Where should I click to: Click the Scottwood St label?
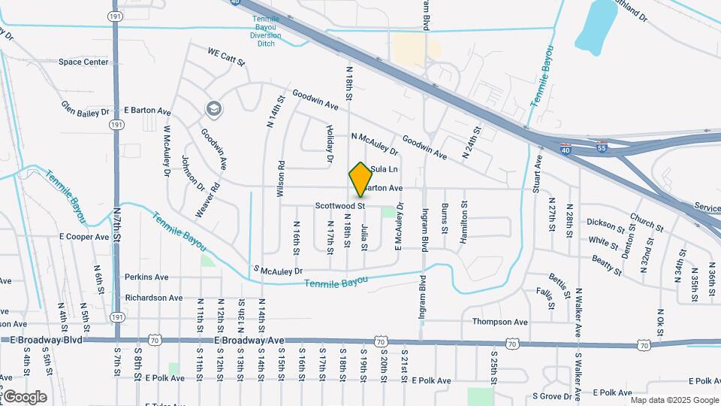[339, 205]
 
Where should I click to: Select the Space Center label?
[83, 62]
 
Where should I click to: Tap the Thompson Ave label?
[500, 322]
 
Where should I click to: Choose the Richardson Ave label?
[153, 298]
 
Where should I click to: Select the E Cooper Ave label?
[84, 236]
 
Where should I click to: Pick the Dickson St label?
[605, 225]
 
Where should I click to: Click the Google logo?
[25, 396]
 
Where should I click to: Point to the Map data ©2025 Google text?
[674, 400]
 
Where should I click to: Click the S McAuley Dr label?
[278, 271]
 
